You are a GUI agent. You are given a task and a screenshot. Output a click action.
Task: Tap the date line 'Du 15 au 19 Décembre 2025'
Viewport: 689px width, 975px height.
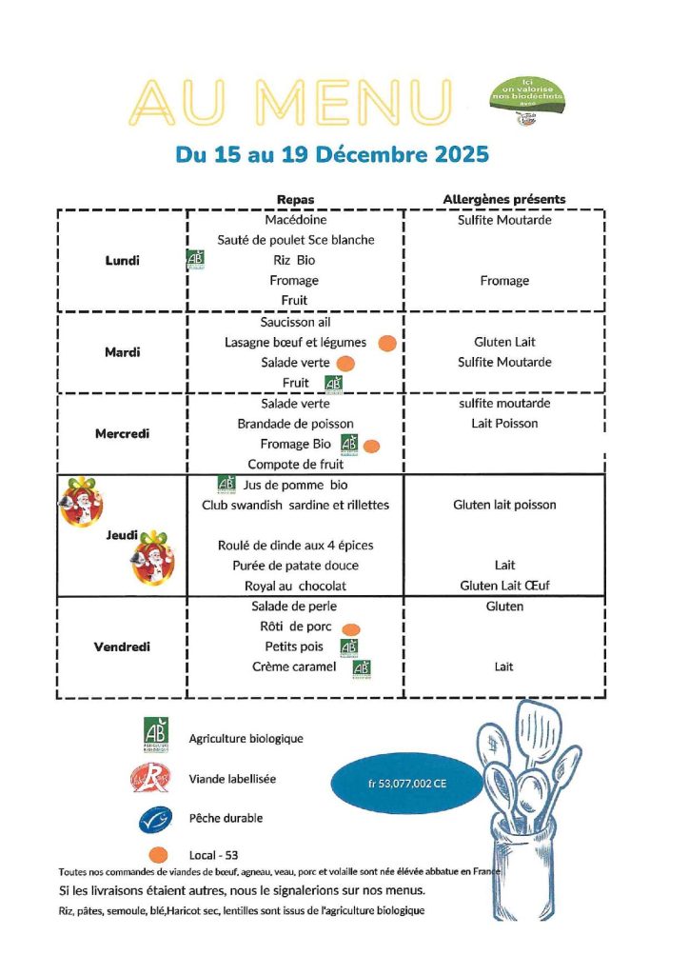pyautogui.click(x=332, y=153)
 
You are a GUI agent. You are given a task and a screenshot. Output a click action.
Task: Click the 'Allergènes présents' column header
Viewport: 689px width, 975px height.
pyautogui.click(x=503, y=199)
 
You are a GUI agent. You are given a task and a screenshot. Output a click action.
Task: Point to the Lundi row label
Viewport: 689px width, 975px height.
pyautogui.click(x=122, y=260)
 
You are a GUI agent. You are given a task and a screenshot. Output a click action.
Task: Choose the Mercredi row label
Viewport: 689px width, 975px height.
pyautogui.click(x=123, y=433)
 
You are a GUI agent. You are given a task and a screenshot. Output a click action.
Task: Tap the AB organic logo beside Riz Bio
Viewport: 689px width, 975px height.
pyautogui.click(x=196, y=260)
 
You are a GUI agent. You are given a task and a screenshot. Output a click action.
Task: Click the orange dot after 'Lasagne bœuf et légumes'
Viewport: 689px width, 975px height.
pyautogui.click(x=386, y=343)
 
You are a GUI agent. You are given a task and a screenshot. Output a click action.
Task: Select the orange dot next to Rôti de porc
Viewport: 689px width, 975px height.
pyautogui.click(x=350, y=628)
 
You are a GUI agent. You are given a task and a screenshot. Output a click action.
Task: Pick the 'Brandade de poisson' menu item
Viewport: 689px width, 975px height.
pyautogui.click(x=295, y=423)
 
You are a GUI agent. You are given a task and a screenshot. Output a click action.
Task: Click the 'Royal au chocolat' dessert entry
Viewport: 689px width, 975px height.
pyautogui.click(x=296, y=586)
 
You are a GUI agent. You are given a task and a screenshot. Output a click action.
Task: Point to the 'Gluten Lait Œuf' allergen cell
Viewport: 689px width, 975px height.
pyautogui.click(x=503, y=586)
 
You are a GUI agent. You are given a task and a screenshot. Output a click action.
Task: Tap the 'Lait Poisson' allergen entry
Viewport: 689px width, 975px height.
pyautogui.click(x=504, y=423)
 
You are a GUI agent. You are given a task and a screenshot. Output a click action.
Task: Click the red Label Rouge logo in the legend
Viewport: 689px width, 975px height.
pyautogui.click(x=154, y=779)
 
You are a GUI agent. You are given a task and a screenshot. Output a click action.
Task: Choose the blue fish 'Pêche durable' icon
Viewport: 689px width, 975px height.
pyautogui.click(x=154, y=818)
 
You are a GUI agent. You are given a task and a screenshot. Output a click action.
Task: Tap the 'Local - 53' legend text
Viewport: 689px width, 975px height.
pyautogui.click(x=213, y=855)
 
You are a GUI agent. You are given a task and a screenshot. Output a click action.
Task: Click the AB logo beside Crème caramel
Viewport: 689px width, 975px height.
pyautogui.click(x=362, y=668)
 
